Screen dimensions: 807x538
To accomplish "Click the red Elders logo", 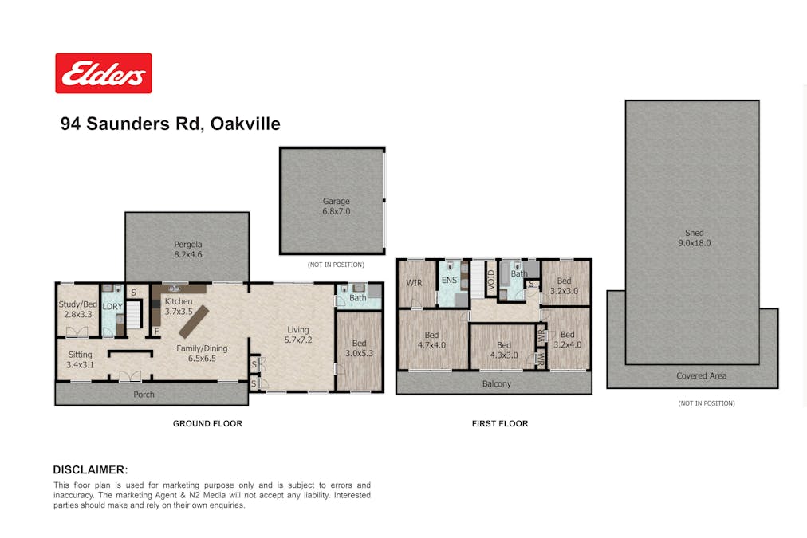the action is coord(104,73).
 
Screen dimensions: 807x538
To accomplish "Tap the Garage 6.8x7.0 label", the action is coord(336,206).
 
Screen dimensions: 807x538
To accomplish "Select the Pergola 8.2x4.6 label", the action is coord(188,249).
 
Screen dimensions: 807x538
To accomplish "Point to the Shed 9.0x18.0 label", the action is coord(695,238).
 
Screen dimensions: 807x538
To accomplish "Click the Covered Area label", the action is coord(702,375).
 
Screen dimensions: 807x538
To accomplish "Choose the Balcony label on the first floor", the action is coord(497,383).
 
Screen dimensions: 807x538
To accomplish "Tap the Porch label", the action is coord(144,395).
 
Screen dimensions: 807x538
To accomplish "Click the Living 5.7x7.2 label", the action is coord(298,335).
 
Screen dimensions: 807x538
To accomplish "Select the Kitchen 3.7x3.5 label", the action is coord(179,307).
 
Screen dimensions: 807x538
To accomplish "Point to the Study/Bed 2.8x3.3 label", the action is coord(77,309).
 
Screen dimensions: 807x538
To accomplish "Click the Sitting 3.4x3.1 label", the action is coord(81,359).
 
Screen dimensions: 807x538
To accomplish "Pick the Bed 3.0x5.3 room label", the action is coord(359,348).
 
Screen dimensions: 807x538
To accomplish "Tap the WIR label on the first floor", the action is coord(415,283).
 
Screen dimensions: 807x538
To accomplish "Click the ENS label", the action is coord(449,281).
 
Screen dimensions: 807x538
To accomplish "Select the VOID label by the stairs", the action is coord(490,282).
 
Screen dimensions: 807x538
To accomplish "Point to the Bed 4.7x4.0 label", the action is coord(431,340).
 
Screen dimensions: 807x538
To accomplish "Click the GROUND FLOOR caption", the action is coord(207,424).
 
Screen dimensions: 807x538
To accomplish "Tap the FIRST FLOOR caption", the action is coord(500,424).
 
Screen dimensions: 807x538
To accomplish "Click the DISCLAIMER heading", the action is coord(91,469).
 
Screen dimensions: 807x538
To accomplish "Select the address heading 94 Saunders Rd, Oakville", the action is coord(171,124).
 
